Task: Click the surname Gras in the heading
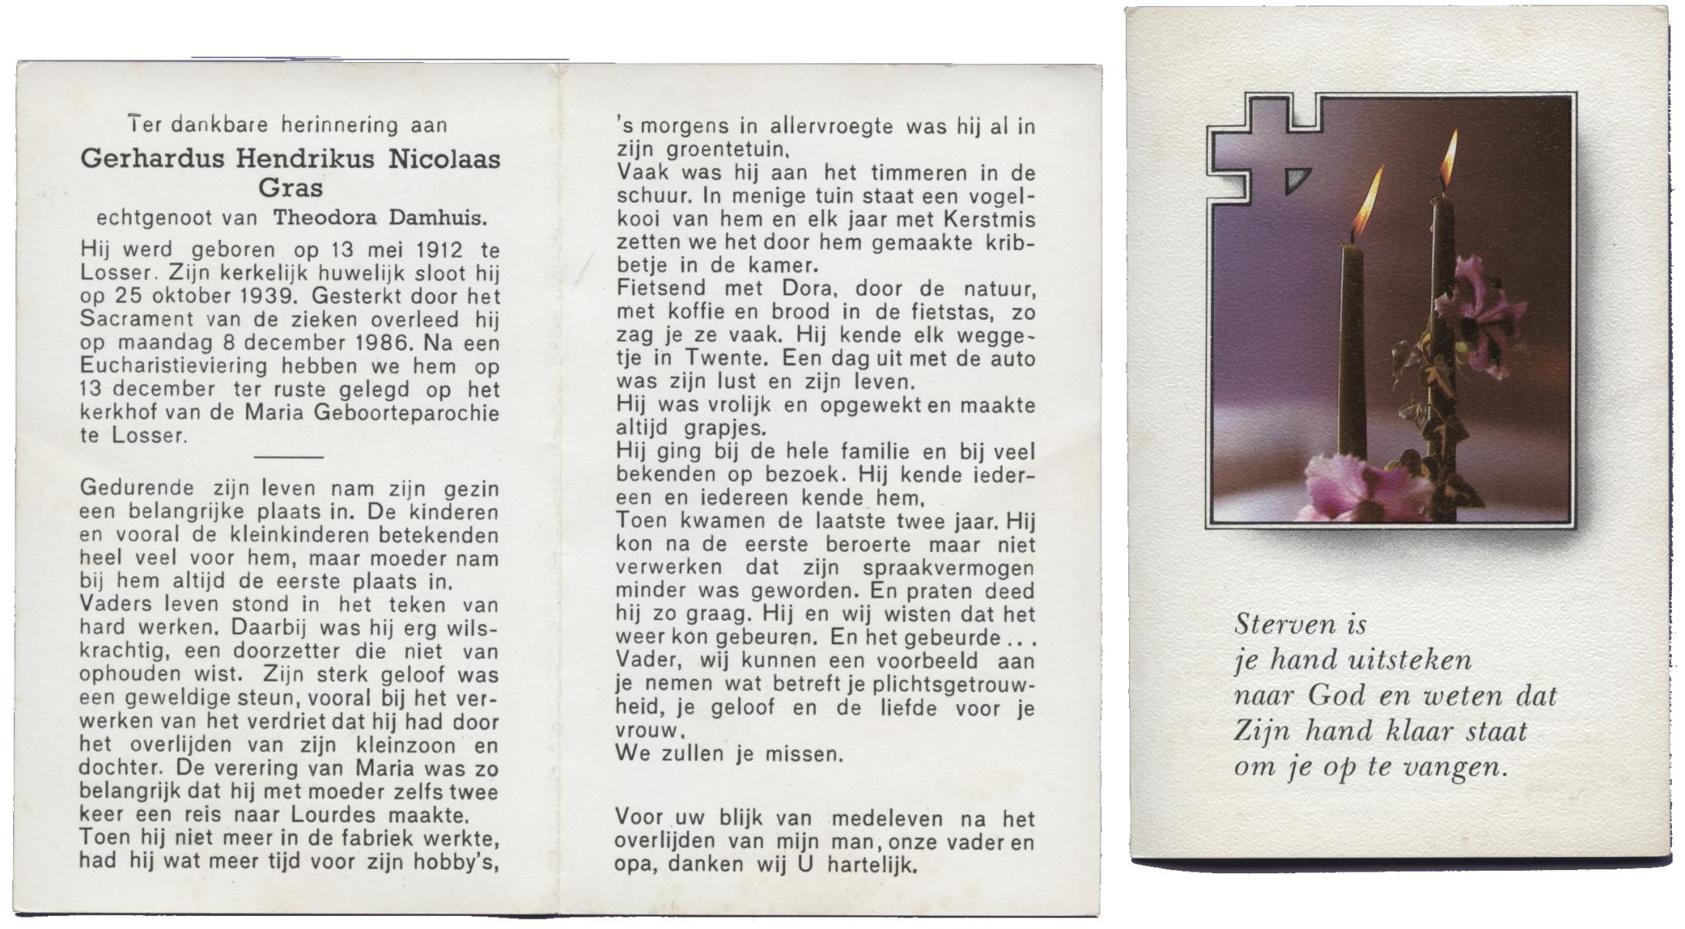(x=290, y=188)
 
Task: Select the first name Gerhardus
(x=153, y=159)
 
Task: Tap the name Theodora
(x=324, y=218)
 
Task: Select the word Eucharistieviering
(x=173, y=366)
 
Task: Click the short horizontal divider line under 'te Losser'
(x=288, y=457)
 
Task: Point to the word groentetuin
(x=720, y=149)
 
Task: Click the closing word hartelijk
(x=872, y=865)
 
